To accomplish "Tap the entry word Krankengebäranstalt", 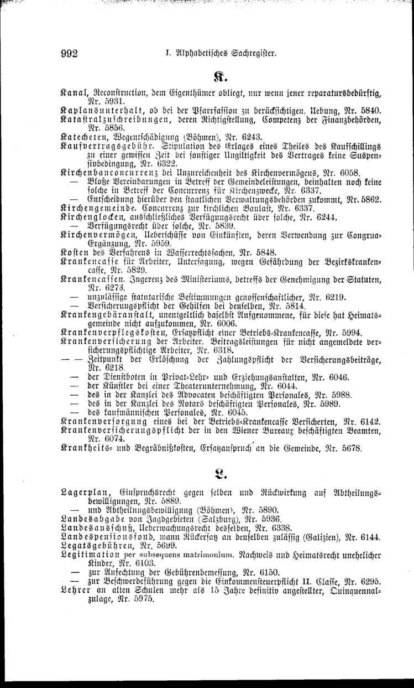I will pyautogui.click(x=108, y=314).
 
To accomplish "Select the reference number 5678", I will pyautogui.click(x=349, y=449).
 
